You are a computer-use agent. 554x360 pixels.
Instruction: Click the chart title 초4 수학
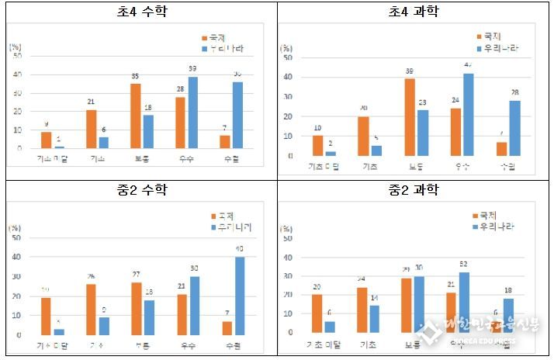coord(139,12)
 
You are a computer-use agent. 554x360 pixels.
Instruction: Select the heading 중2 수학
coord(139,190)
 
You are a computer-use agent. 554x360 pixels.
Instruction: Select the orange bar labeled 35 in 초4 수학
coord(136,116)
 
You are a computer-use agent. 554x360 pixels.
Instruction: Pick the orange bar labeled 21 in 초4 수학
coord(92,129)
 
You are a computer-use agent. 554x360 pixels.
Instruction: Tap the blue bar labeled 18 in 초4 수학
coord(147,132)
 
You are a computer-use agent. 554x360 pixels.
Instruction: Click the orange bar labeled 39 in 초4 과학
coord(409,117)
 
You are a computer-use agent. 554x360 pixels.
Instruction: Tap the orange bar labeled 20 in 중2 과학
coord(317,313)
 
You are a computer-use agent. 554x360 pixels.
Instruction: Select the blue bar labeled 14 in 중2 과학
coord(374,318)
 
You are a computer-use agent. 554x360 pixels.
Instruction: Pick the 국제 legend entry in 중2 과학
coord(485,215)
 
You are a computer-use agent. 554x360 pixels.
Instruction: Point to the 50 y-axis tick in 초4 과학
coord(288,57)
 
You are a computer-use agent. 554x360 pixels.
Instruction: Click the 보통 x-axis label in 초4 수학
coord(141,159)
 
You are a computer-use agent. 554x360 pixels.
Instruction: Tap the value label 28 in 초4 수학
coord(181,89)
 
